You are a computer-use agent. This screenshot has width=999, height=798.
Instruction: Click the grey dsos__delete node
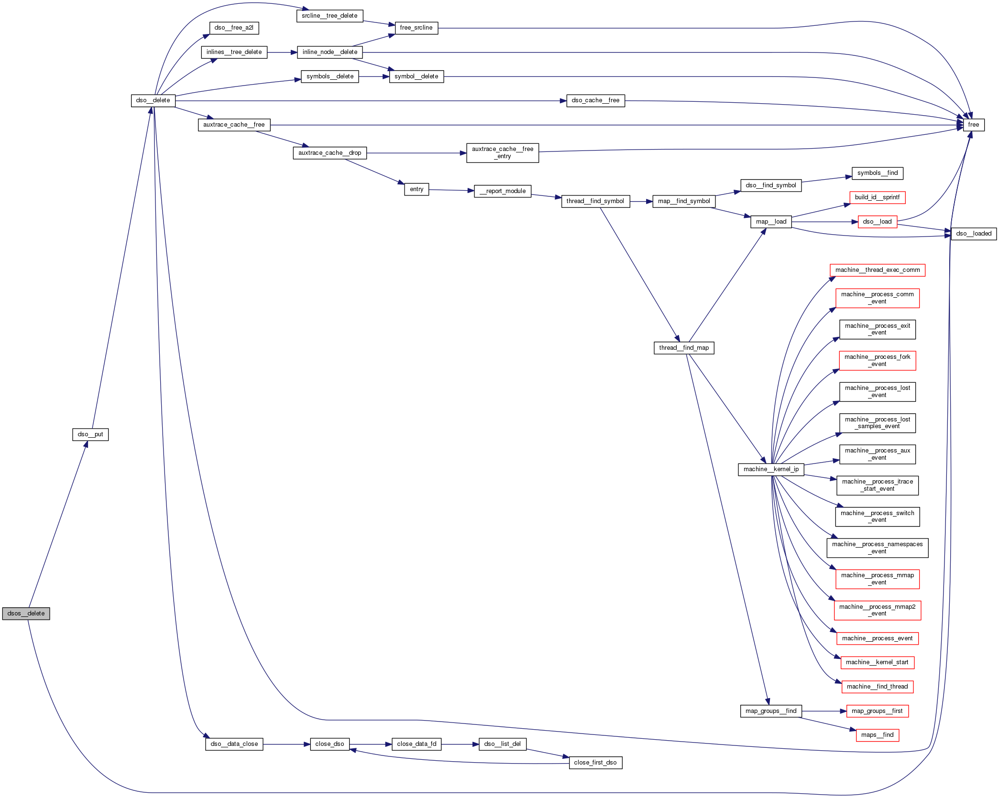pyautogui.click(x=26, y=614)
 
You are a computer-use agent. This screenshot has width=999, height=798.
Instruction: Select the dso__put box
pyautogui.click(x=90, y=434)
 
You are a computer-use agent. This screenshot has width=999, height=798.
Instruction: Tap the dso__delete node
pyautogui.click(x=153, y=101)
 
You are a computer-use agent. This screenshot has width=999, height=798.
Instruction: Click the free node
pyautogui.click(x=973, y=125)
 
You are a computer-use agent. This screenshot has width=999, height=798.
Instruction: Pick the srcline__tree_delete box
pyautogui.click(x=329, y=16)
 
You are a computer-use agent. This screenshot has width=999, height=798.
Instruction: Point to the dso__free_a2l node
pyautogui.click(x=234, y=28)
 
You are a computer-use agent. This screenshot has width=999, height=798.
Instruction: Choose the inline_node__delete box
pyautogui.click(x=329, y=52)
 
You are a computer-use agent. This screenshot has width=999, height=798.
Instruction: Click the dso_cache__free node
pyautogui.click(x=595, y=101)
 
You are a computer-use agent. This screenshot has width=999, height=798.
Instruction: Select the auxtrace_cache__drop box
pyautogui.click(x=329, y=153)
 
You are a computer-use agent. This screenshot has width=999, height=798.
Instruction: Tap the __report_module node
pyautogui.click(x=502, y=191)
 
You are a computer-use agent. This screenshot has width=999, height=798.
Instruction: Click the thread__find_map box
pyautogui.click(x=683, y=348)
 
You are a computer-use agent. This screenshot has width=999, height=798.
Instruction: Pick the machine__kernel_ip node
pyautogui.click(x=771, y=469)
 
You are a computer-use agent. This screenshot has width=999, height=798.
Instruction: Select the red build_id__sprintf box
pyautogui.click(x=877, y=197)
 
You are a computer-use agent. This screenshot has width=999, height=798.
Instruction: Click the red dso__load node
pyautogui.click(x=877, y=222)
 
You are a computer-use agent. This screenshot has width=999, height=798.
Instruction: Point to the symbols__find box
pyautogui.click(x=877, y=173)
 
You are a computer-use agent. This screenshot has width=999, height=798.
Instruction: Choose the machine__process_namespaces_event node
pyautogui.click(x=877, y=548)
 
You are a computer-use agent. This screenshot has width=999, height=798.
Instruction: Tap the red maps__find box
pyautogui.click(x=877, y=735)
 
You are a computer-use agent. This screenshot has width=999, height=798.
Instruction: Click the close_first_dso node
pyautogui.click(x=595, y=763)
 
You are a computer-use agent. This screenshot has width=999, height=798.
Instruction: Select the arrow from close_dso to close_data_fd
pyautogui.click(x=371, y=744)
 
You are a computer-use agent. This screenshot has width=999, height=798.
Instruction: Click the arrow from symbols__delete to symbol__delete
pyautogui.click(x=374, y=76)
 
